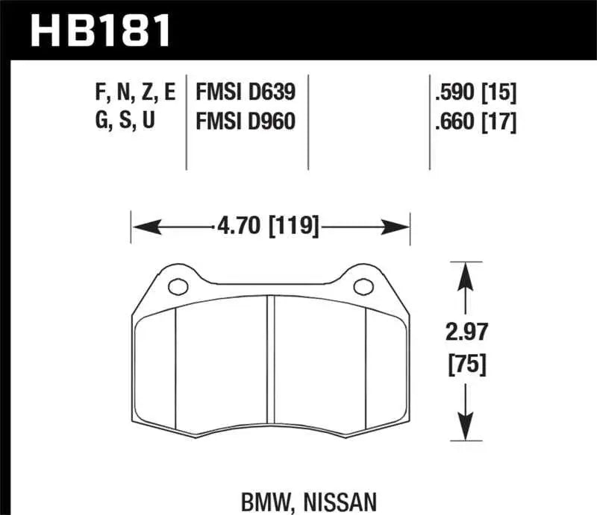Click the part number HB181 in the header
click(101, 31)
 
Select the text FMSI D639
click(246, 92)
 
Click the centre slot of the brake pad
click(272, 365)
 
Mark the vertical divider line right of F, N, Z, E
click(186, 119)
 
